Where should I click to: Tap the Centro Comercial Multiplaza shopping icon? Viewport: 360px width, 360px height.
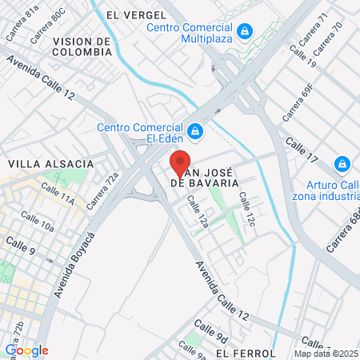coord(246,32)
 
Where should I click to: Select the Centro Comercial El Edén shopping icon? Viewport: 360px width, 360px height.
coord(194,130)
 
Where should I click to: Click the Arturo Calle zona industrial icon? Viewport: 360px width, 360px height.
coord(342,164)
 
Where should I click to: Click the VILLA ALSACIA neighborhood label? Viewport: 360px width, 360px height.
coord(50,163)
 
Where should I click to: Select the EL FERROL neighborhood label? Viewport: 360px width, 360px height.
coord(245,353)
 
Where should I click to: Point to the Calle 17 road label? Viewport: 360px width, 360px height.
coord(302,150)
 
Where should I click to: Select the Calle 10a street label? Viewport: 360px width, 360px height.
coord(38,222)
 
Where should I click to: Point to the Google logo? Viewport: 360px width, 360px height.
coord(26,350)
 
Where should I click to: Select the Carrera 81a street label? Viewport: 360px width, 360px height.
coord(22,22)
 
